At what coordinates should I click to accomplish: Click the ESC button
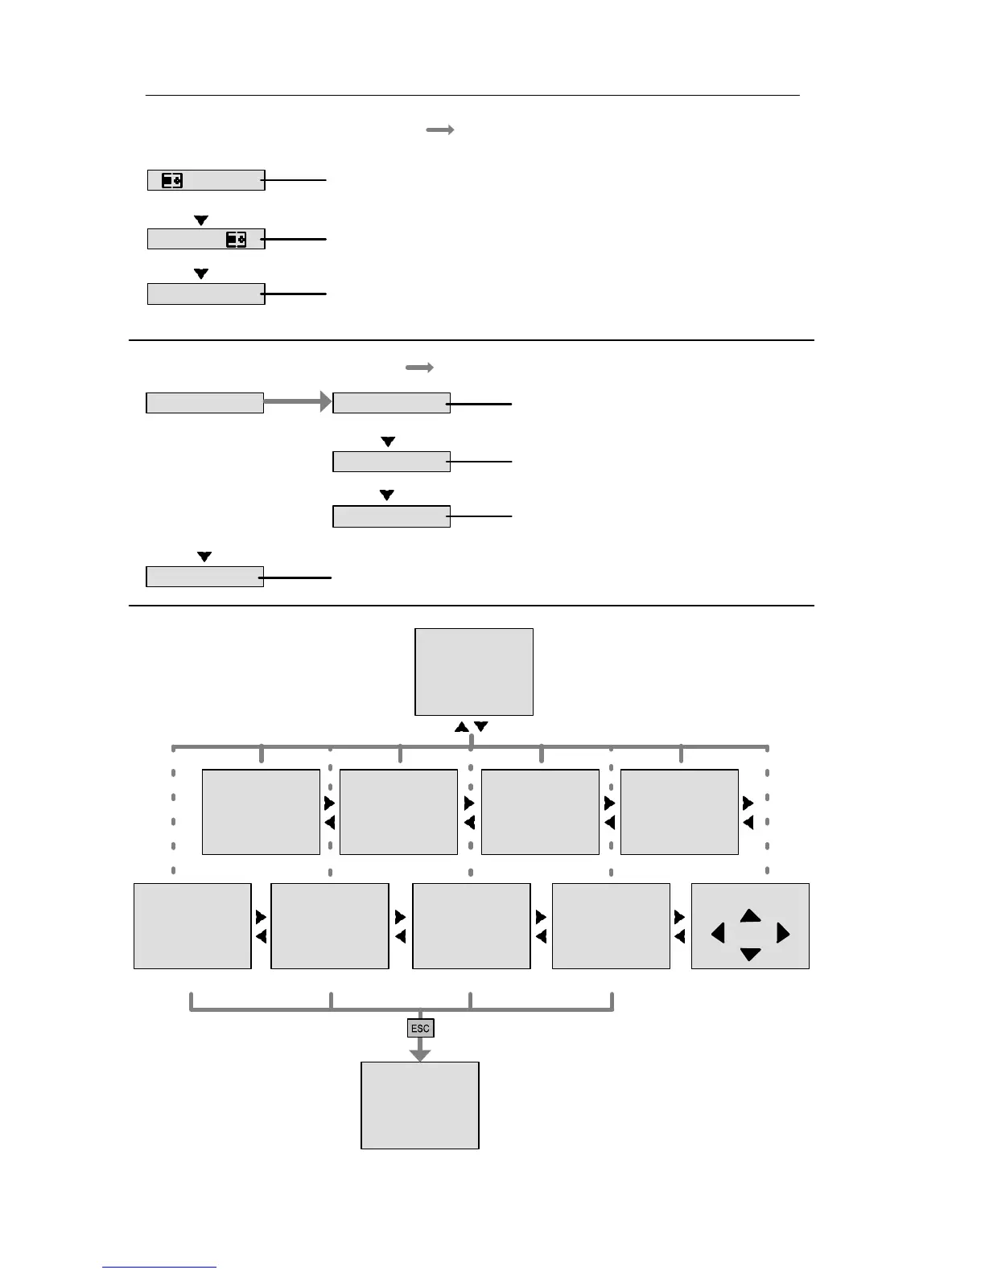tap(420, 1028)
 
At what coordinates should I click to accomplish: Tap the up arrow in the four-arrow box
tap(750, 915)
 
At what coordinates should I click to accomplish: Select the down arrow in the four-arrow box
tap(750, 955)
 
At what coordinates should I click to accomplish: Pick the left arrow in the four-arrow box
tap(719, 934)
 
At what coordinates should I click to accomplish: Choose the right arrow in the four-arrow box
tap(783, 934)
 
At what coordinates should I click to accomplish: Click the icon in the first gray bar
tap(172, 181)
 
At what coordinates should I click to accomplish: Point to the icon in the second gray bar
tap(236, 240)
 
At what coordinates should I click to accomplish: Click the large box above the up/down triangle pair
tap(474, 672)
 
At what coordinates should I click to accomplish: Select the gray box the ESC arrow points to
tap(420, 1105)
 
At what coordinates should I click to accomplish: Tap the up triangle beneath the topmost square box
tap(462, 727)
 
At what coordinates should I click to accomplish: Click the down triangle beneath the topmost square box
tap(481, 727)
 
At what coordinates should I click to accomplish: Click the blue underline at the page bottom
tap(159, 1268)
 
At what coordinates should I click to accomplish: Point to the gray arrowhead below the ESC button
tap(420, 1054)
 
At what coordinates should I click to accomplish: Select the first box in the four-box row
tap(261, 812)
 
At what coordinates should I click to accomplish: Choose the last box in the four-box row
tap(679, 812)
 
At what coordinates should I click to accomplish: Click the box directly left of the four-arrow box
tap(611, 926)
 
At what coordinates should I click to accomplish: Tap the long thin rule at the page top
tap(472, 95)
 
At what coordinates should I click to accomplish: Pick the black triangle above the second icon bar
tap(201, 220)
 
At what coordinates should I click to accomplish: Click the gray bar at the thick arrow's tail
tap(204, 403)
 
